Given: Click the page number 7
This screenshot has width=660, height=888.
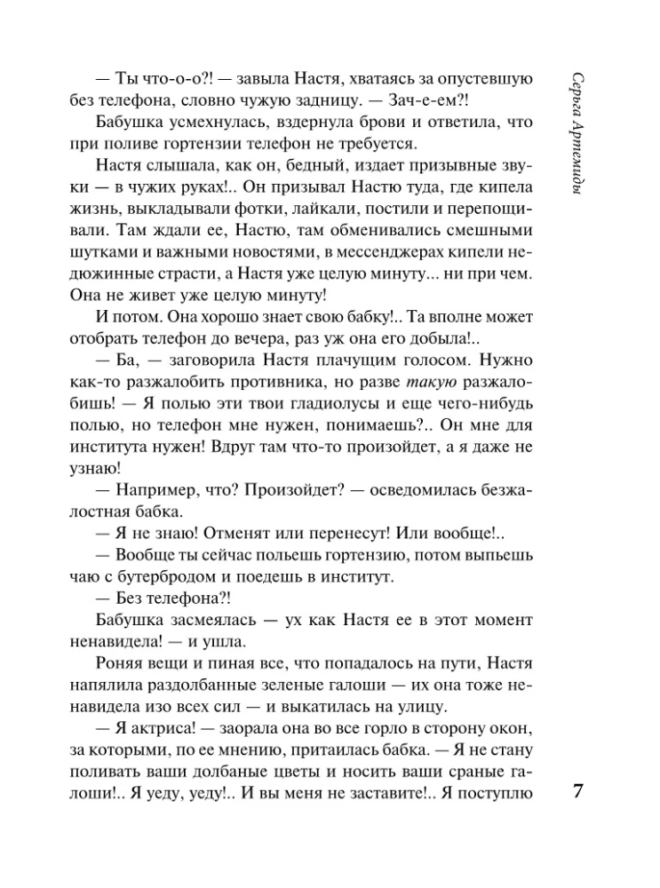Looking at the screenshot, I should coord(577,792).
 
